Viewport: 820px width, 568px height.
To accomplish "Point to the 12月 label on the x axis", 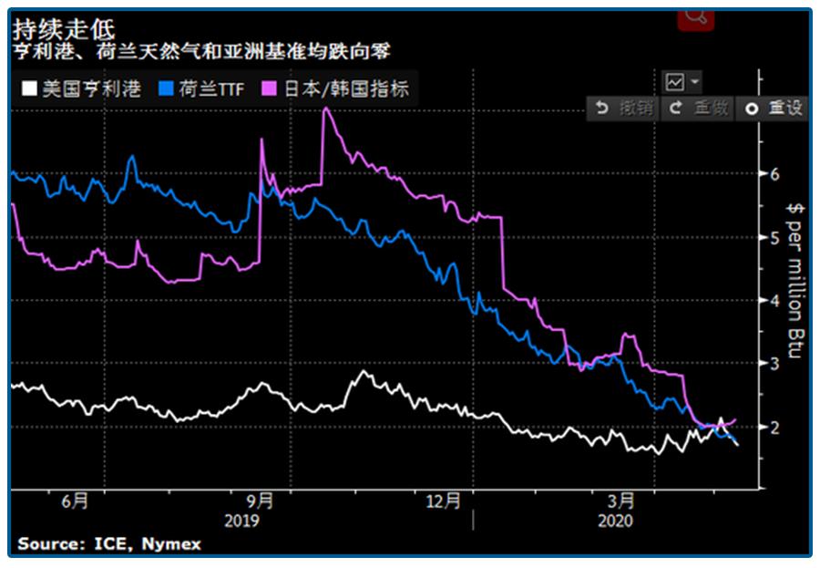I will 445,501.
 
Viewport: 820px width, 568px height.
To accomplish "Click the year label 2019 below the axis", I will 241,521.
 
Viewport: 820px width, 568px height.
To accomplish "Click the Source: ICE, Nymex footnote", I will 108,543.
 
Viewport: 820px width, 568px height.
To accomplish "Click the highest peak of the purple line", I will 326,108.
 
